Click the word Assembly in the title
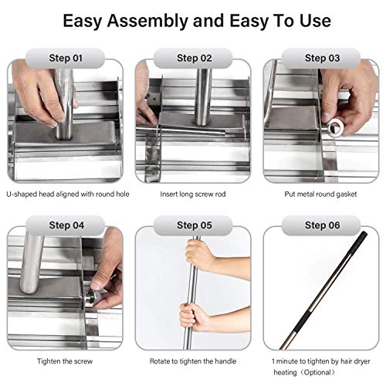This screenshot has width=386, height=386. click(148, 22)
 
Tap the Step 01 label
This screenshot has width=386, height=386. click(66, 58)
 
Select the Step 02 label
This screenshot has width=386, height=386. click(195, 58)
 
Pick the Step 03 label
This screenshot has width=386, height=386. click(322, 58)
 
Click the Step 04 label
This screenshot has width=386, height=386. click(66, 225)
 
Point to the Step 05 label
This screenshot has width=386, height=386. click(195, 225)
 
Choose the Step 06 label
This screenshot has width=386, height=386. click(322, 225)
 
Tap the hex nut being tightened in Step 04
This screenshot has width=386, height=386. click(90, 299)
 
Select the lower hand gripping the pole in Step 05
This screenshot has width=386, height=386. click(194, 317)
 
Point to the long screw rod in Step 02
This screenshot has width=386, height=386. click(181, 130)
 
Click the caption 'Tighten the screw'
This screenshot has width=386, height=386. click(65, 361)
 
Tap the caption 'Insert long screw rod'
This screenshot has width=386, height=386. click(193, 194)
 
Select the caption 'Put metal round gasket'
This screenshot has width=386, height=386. click(320, 194)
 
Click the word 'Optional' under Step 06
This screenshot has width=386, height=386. click(319, 372)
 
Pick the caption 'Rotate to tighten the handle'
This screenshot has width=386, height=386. click(193, 361)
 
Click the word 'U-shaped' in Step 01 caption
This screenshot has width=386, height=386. click(22, 194)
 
